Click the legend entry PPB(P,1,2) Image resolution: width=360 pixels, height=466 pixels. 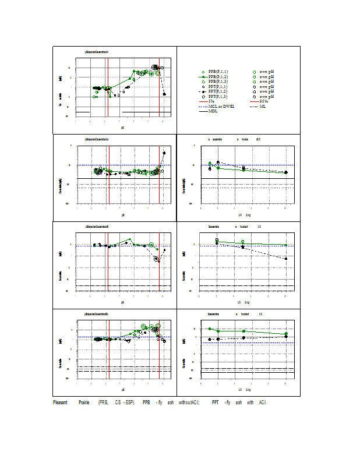(x=218, y=77)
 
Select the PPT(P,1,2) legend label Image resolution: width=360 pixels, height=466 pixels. (x=218, y=91)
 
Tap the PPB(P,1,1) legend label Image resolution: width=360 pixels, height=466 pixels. (x=218, y=72)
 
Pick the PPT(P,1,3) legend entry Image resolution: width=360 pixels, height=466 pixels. (x=218, y=97)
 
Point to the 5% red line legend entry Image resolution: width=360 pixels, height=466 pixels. (x=211, y=101)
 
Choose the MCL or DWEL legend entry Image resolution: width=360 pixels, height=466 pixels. (x=222, y=106)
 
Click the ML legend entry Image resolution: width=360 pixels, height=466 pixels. (x=263, y=106)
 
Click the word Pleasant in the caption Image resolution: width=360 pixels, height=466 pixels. (x=60, y=403)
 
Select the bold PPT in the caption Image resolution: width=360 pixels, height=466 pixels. (x=215, y=403)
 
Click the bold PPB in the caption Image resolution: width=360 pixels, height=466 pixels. (x=146, y=403)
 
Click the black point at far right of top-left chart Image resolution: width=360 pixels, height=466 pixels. (x=164, y=94)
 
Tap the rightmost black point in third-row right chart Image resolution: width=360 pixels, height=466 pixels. (x=285, y=259)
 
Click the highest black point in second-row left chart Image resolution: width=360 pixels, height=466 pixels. (x=164, y=153)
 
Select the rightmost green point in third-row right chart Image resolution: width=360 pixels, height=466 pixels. (x=285, y=245)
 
